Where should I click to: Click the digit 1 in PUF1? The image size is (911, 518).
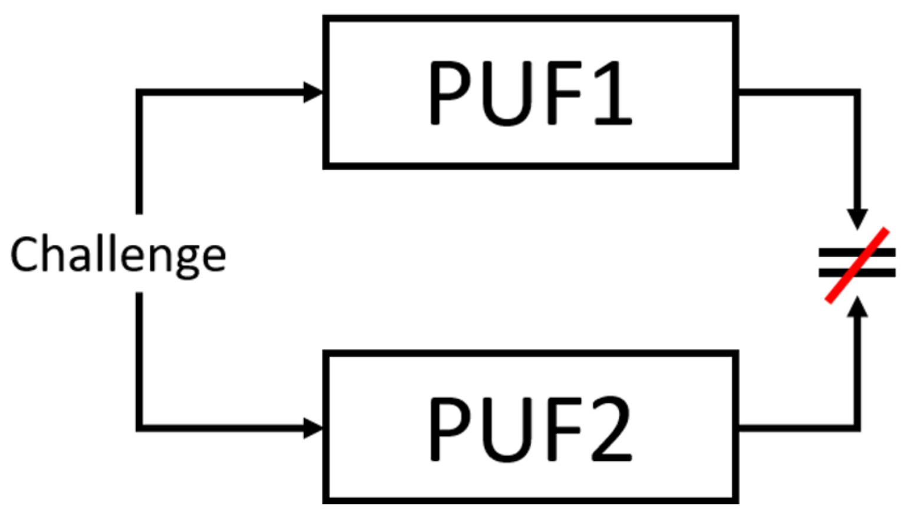click(613, 92)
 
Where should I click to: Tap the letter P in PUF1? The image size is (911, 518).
click(451, 92)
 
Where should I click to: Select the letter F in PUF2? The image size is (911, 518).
click(563, 428)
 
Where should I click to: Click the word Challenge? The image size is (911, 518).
click(118, 254)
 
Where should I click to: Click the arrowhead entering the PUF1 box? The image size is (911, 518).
click(313, 92)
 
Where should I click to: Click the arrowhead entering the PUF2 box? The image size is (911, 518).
click(313, 428)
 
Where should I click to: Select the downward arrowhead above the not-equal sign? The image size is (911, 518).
click(857, 218)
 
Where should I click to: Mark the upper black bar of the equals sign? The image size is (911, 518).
click(843, 253)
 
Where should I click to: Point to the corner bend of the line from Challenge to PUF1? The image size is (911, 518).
click(140, 93)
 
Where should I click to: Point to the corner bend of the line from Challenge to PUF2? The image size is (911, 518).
click(140, 428)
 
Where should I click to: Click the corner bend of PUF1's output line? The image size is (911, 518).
click(857, 93)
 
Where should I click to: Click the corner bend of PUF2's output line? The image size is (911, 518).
click(857, 428)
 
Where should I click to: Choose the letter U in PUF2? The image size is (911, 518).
click(508, 429)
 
